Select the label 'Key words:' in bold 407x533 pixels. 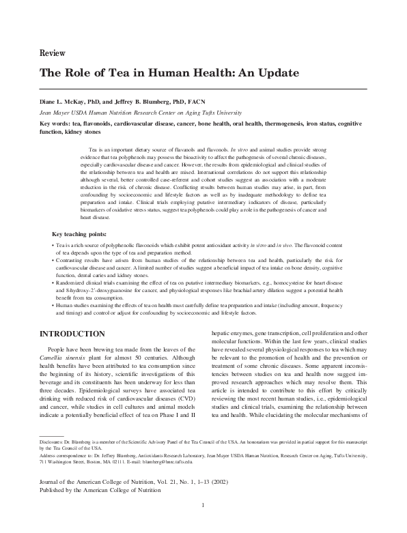pos(56,124)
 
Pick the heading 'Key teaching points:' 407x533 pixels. pos(83,233)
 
